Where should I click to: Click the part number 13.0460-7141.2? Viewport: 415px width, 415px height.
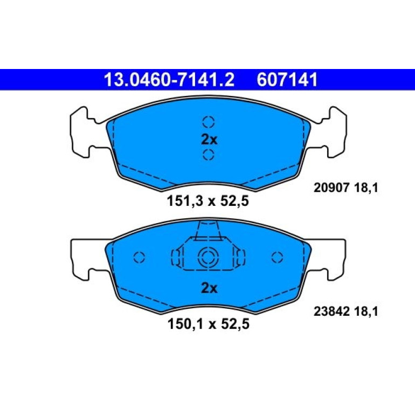point(169,80)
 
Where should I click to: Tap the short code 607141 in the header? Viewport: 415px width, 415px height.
point(287,80)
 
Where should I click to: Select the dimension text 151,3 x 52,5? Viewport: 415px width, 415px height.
point(207,201)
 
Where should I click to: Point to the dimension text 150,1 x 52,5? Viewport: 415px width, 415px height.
point(208,324)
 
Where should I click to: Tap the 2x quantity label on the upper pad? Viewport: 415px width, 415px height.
point(209,140)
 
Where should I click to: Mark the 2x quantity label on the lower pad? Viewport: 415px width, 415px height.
point(209,288)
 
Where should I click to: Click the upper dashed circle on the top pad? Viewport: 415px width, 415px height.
point(209,122)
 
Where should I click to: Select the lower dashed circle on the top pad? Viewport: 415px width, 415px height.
point(209,154)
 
